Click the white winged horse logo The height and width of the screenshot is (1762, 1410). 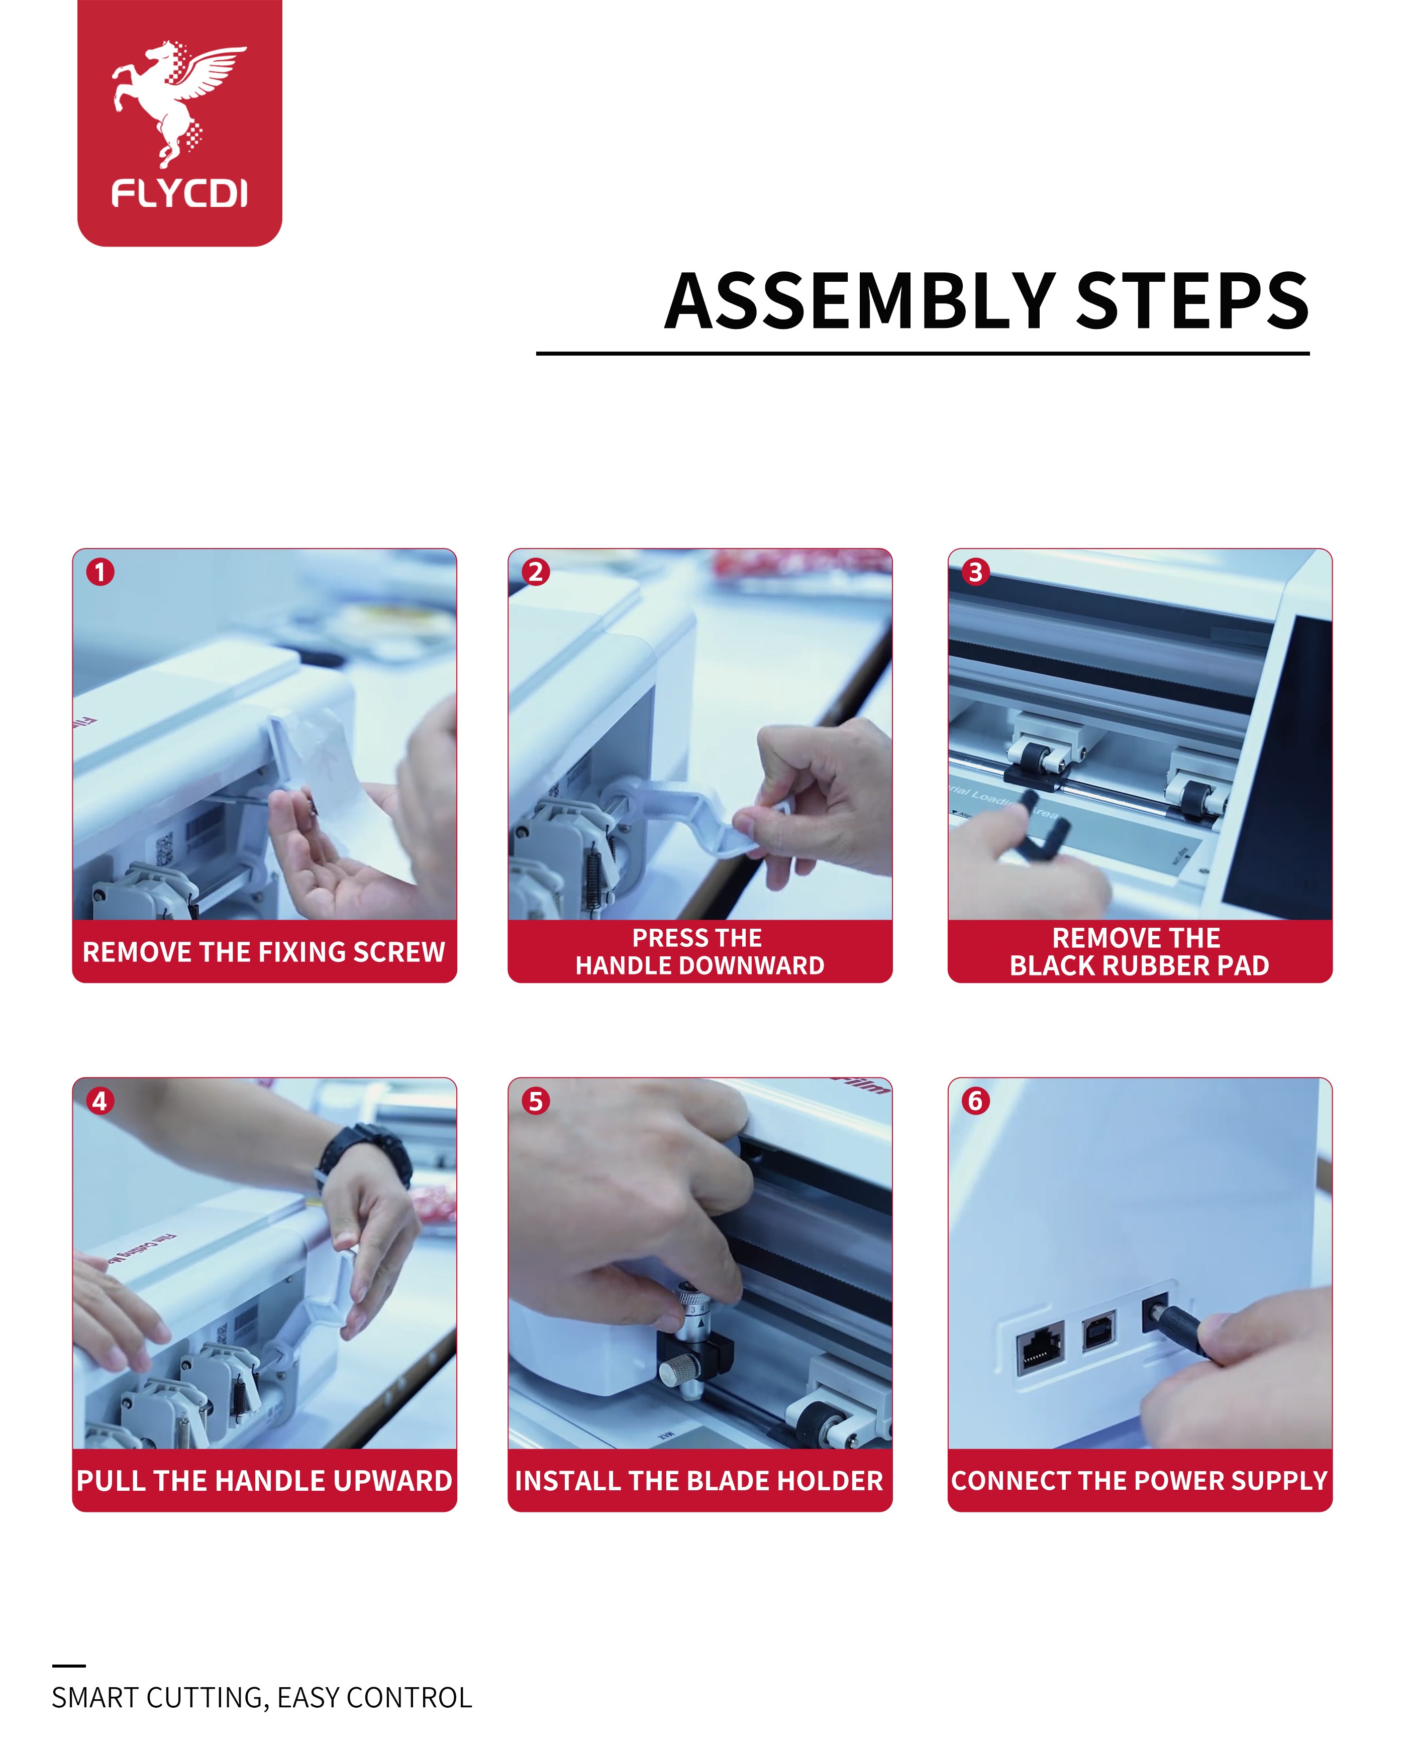pyautogui.click(x=178, y=102)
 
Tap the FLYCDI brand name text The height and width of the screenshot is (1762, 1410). pyautogui.click(x=179, y=194)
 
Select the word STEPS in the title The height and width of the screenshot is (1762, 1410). pyautogui.click(x=1192, y=301)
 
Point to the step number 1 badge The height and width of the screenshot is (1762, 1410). pyautogui.click(x=100, y=572)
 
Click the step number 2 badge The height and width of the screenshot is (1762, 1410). pyautogui.click(x=535, y=572)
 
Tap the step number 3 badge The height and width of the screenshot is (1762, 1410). pyautogui.click(x=975, y=572)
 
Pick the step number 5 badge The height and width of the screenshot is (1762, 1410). pyautogui.click(x=535, y=1101)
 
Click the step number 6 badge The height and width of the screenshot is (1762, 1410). pyautogui.click(x=975, y=1101)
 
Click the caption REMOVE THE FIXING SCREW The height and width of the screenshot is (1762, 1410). pyautogui.click(x=264, y=952)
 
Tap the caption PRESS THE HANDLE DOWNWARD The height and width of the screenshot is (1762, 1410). pyautogui.click(x=699, y=951)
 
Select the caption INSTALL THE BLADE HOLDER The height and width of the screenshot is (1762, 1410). pyautogui.click(x=699, y=1481)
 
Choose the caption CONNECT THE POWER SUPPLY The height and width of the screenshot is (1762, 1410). pyautogui.click(x=1140, y=1481)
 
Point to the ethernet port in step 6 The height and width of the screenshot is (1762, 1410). pyautogui.click(x=1041, y=1349)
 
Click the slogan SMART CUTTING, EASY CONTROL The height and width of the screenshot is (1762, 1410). pyautogui.click(x=262, y=1698)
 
